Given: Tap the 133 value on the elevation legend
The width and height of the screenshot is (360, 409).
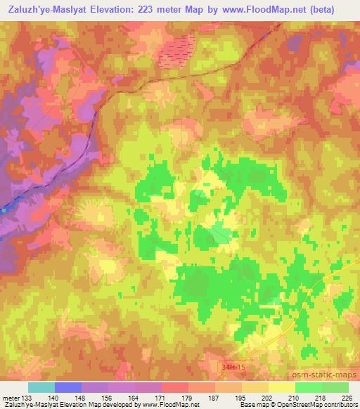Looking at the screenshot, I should pyautogui.click(x=27, y=397).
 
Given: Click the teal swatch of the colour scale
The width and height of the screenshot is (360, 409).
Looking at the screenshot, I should pyautogui.click(x=41, y=387).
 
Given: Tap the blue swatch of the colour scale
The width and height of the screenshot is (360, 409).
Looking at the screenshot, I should pyautogui.click(x=67, y=387).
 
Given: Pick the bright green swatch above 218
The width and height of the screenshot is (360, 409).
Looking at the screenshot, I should pyautogui.click(x=308, y=387).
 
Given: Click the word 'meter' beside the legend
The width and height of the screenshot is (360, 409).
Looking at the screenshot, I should pyautogui.click(x=10, y=397).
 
